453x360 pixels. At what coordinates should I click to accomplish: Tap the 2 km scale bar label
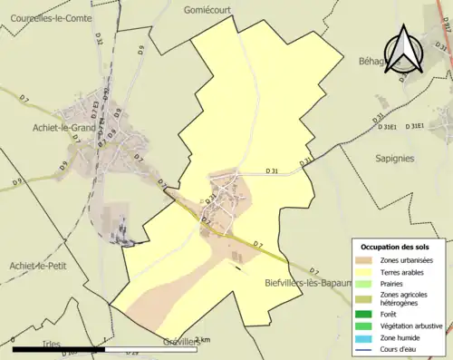(x=202, y=340)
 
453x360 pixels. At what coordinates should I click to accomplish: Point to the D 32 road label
(x=98, y=42)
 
